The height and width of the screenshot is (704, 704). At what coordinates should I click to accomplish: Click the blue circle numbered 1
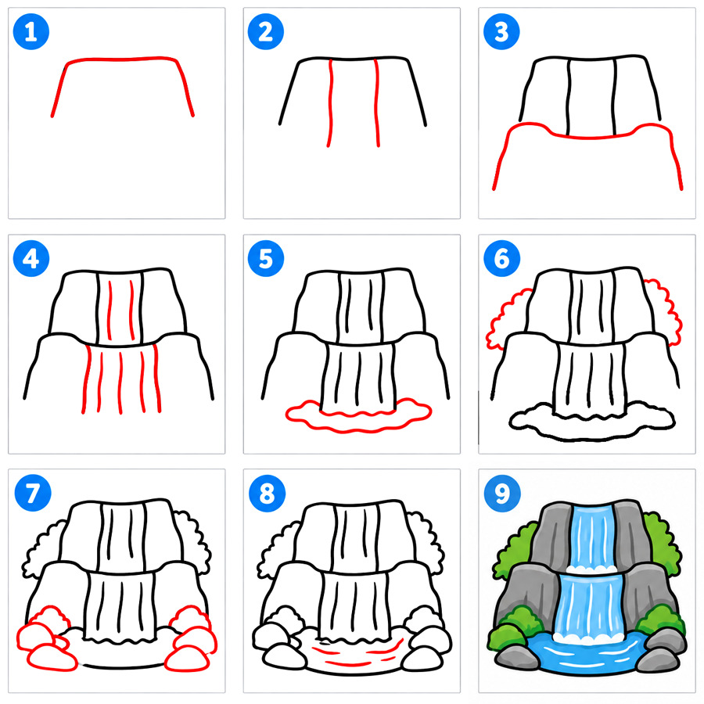point(31,32)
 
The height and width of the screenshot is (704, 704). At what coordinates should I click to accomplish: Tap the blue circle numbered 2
point(266,32)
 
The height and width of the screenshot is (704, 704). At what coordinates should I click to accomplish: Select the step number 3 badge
point(501,32)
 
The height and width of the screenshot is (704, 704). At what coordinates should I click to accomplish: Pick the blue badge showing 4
point(31,259)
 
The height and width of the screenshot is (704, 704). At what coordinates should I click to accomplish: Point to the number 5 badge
point(266,259)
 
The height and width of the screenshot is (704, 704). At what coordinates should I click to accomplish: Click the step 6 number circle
point(501,259)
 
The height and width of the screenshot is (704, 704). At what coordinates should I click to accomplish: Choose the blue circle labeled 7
point(33,493)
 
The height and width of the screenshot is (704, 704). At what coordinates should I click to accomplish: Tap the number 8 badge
point(268,493)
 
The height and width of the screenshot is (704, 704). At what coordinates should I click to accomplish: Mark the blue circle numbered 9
point(502,493)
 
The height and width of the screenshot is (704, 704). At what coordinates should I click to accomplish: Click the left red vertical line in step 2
point(331,103)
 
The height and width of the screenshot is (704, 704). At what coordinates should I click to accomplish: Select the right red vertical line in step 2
point(377,103)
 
